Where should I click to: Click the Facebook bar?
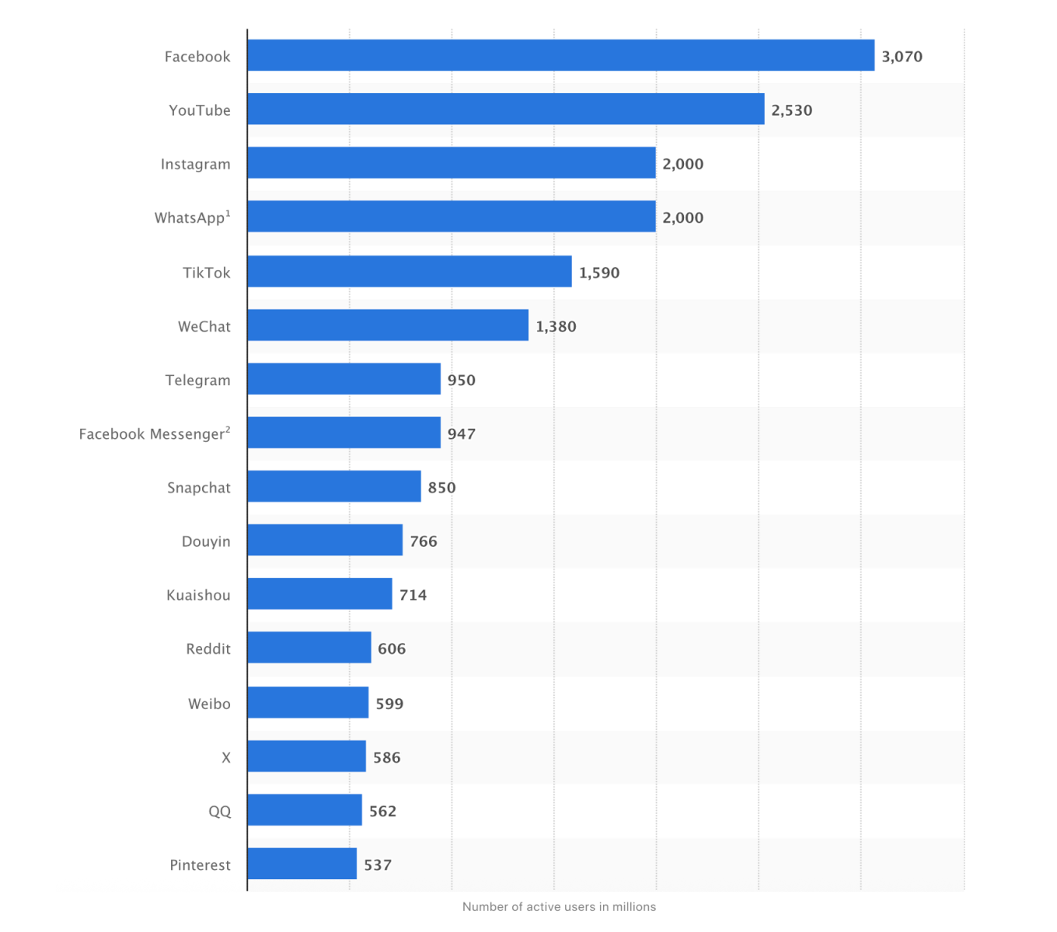point(560,56)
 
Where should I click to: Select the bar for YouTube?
point(505,110)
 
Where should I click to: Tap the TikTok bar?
point(410,272)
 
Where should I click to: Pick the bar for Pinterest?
point(302,864)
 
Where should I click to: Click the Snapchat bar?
point(334,487)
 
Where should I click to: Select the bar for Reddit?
point(309,648)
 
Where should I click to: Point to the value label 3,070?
point(902,57)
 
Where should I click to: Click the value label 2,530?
point(791,110)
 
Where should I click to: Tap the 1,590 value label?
point(599,273)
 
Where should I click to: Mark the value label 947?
point(461,434)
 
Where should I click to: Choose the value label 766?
point(424,541)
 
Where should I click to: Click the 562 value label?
point(382,811)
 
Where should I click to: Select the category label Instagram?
point(195,164)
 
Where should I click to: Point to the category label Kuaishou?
point(198,595)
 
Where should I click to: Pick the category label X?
point(226,757)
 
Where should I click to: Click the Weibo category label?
point(209,704)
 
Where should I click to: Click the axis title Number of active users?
point(559,906)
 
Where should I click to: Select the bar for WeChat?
point(388,325)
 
